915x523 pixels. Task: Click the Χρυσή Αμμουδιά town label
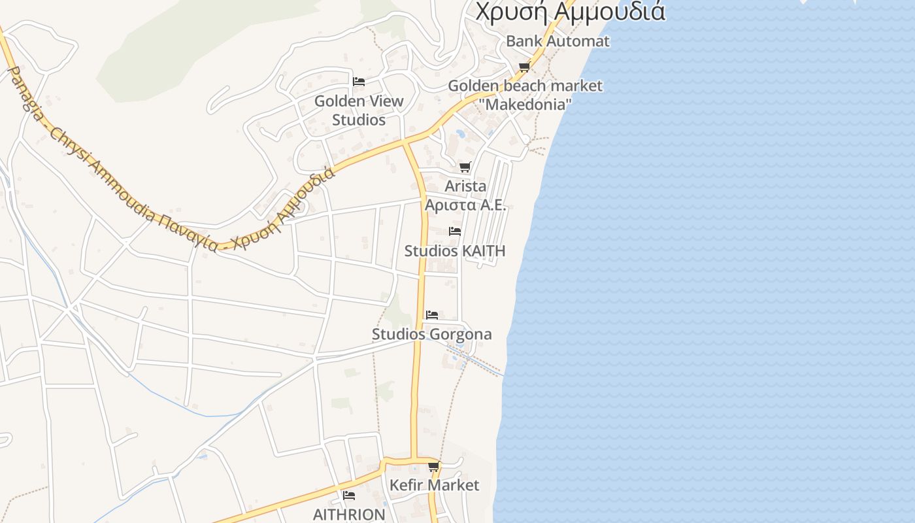click(x=570, y=11)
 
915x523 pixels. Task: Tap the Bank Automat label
click(x=557, y=41)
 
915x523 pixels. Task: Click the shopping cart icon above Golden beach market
click(x=524, y=67)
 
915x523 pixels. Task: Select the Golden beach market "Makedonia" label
click(x=525, y=95)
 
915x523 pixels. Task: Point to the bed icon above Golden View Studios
click(x=358, y=82)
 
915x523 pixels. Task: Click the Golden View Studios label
click(x=359, y=110)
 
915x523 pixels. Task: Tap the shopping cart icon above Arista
click(x=465, y=167)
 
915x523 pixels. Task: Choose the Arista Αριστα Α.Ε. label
click(x=465, y=195)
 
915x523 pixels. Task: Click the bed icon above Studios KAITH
click(x=455, y=231)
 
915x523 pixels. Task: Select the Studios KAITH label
click(x=455, y=251)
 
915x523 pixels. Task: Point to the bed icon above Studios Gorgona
click(x=432, y=314)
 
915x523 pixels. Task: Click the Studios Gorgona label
click(x=432, y=334)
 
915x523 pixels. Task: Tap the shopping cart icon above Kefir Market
click(x=434, y=466)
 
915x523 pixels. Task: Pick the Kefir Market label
click(x=434, y=485)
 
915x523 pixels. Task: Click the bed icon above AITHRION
click(x=349, y=495)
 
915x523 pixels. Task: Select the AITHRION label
click(x=349, y=514)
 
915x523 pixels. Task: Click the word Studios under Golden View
click(x=359, y=120)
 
